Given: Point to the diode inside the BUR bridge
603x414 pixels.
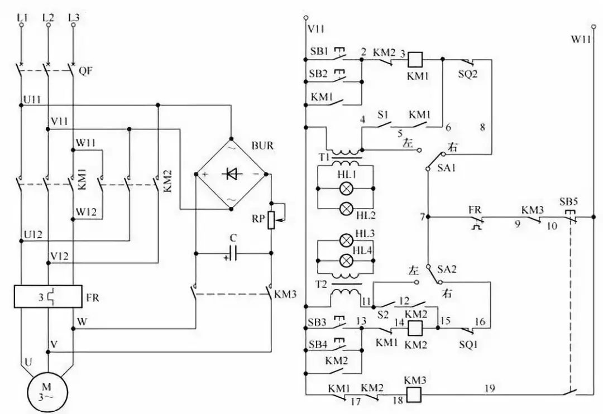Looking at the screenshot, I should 231,175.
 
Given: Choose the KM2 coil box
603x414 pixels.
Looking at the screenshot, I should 414,328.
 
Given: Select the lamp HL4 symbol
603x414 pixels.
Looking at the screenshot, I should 346,260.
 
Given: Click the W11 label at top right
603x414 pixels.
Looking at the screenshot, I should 580,40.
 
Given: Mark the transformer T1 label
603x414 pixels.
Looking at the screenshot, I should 323,156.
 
